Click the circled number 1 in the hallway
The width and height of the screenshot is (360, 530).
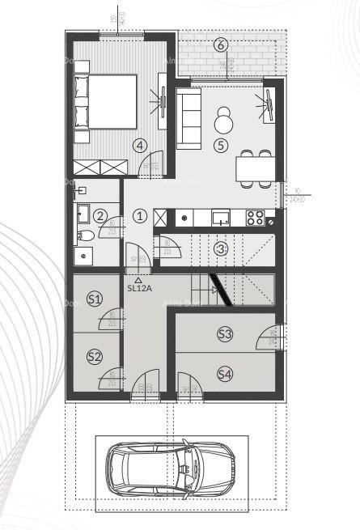click(140, 216)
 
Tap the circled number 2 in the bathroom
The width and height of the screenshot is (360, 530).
click(100, 216)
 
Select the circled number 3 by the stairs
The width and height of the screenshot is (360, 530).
click(221, 248)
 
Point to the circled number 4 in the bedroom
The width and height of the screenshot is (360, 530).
click(141, 146)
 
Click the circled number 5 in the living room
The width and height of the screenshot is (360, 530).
click(221, 146)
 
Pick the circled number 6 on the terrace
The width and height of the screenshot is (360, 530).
click(221, 45)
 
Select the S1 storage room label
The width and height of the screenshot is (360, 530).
click(95, 299)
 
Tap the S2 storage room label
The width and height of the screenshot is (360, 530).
click(95, 356)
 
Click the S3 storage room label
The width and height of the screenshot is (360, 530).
click(224, 333)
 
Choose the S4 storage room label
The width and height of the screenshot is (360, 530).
click(224, 373)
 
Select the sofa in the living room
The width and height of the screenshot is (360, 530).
click(188, 119)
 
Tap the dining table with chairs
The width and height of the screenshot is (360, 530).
click(254, 168)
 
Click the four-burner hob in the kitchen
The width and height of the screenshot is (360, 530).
click(255, 217)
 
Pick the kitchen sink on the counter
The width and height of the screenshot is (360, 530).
click(221, 217)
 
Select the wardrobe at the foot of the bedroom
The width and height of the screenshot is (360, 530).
click(100, 167)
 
